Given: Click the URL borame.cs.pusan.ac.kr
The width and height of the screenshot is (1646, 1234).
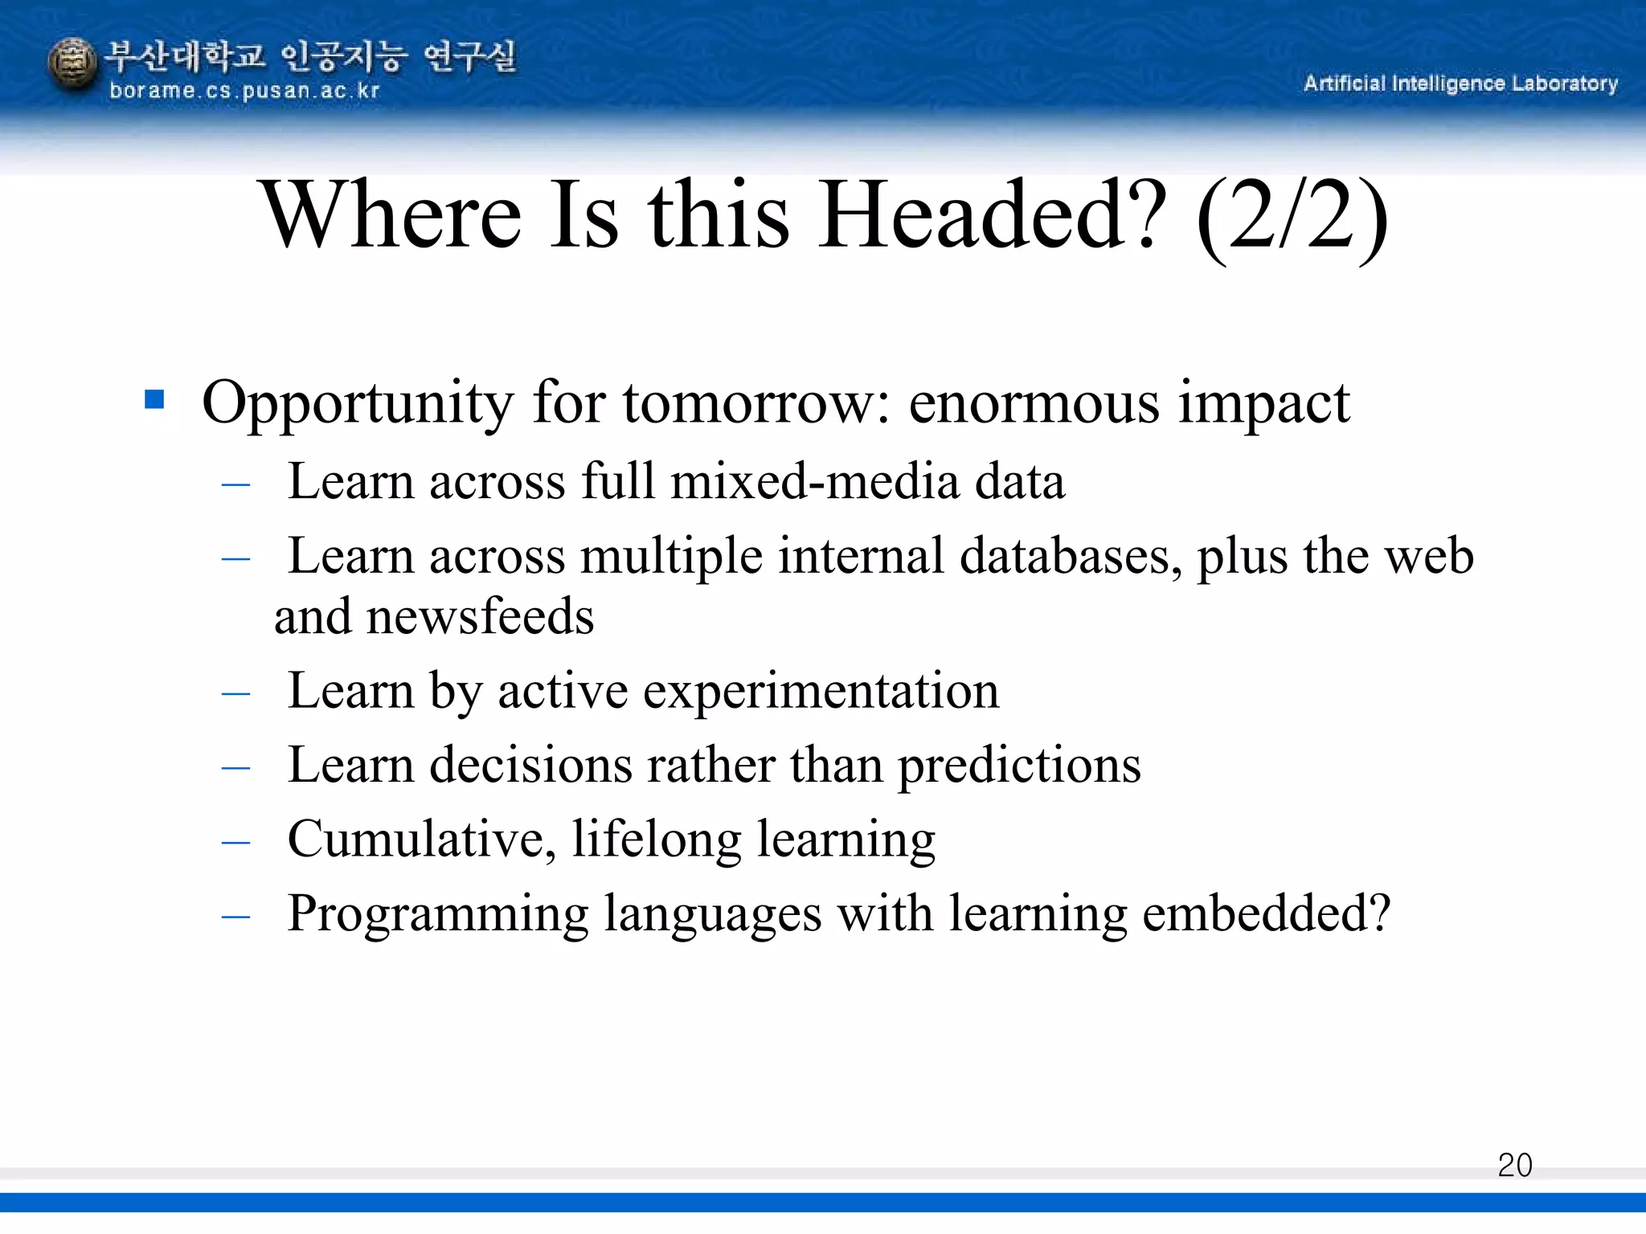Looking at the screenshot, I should point(244,91).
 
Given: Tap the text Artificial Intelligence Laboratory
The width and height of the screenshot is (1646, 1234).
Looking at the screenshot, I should point(1460,84).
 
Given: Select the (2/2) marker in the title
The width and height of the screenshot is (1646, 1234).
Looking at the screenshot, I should point(1292,217).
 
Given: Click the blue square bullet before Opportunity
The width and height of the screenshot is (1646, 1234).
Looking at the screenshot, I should point(154,399).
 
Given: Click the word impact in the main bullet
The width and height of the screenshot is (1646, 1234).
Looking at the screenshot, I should point(1263,403).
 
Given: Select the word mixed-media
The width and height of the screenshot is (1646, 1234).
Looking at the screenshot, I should point(815,482).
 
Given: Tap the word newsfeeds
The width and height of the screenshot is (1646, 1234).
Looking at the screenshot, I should point(480,617).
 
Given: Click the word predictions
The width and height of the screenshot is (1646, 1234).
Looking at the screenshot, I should point(1018,766).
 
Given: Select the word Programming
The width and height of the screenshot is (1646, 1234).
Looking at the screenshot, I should point(438,915).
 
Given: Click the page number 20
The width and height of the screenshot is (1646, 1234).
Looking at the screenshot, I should point(1514,1165).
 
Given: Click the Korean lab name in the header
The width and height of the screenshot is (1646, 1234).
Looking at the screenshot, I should point(311,57).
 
